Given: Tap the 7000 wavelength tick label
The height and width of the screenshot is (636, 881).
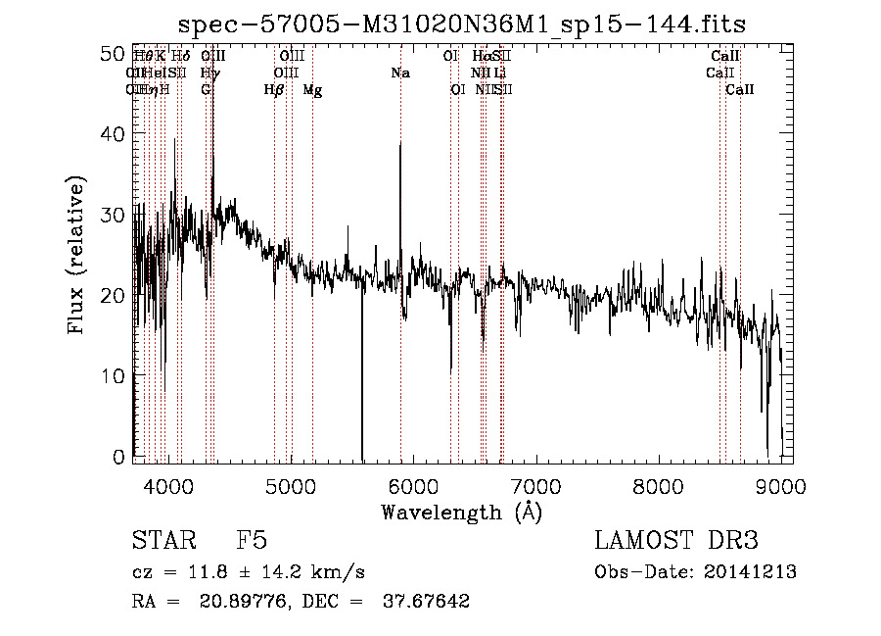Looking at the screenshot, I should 534,485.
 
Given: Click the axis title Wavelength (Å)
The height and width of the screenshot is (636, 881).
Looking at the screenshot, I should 461,512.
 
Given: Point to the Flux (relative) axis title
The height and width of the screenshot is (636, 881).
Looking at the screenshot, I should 76,256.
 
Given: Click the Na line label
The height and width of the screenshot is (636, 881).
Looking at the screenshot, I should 399,73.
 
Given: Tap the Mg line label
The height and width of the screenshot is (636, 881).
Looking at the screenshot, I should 312,90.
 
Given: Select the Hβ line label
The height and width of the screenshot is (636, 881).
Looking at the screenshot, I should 274,90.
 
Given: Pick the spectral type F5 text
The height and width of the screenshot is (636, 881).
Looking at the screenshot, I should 252,541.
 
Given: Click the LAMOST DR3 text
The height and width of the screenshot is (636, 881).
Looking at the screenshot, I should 676,541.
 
